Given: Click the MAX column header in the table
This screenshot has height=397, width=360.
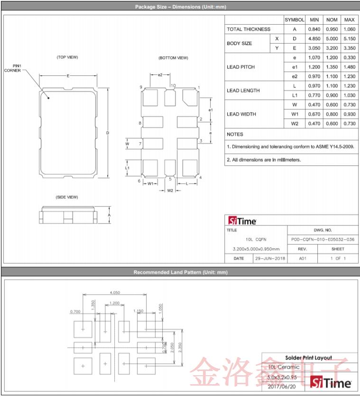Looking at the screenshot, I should pos(349,20).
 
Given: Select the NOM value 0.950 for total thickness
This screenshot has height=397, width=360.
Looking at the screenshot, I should pos(332,29).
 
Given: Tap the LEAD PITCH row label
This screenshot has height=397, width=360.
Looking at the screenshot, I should pos(240,67).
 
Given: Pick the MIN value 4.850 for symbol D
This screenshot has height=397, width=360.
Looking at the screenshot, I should pos(314,39).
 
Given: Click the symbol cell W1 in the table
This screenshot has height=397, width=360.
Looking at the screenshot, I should pos(295,114).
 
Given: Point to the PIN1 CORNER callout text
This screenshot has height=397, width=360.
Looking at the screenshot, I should pos(13,68).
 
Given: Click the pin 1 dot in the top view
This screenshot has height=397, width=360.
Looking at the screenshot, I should pos(48,99).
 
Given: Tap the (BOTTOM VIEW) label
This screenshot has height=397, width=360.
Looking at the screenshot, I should pos(173,58).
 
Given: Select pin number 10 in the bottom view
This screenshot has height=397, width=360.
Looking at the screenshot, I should pos(173,86).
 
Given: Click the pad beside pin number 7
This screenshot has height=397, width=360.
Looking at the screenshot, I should pos(152,143).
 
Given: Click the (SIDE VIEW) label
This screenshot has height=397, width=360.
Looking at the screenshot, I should pos(66,197).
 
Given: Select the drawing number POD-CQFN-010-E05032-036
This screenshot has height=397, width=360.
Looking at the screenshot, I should pos(322,239).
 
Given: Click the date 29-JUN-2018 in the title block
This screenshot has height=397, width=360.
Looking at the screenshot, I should pos(270,258).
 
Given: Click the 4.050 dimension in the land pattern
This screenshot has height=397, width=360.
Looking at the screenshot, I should pos(114,292).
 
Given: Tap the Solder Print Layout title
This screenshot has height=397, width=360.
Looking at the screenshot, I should pos(308,358).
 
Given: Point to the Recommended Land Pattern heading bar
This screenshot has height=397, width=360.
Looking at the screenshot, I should pos(180,272).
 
